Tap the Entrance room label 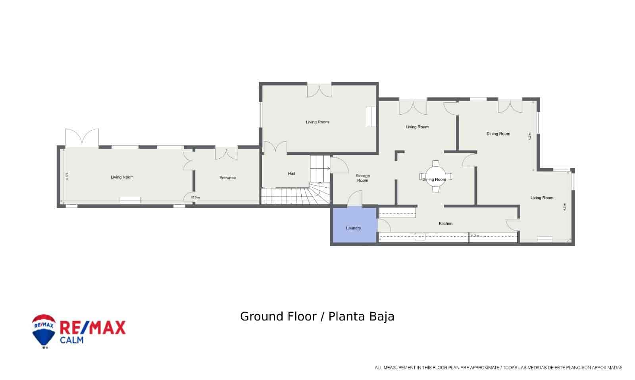coord(227,178)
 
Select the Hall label coord(292,174)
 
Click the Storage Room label coord(362,178)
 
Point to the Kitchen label coord(445,224)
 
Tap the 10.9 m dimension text coord(195,198)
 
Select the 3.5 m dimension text coord(67,177)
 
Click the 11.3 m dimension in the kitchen coord(475,236)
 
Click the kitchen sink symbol coord(420,237)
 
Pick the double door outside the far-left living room coord(82,138)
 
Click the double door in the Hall coord(275,147)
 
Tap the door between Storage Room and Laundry coord(355,199)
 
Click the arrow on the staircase coord(328,169)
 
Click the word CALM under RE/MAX coord(71,340)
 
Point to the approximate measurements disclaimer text coord(498,368)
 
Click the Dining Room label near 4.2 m coord(498,134)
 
